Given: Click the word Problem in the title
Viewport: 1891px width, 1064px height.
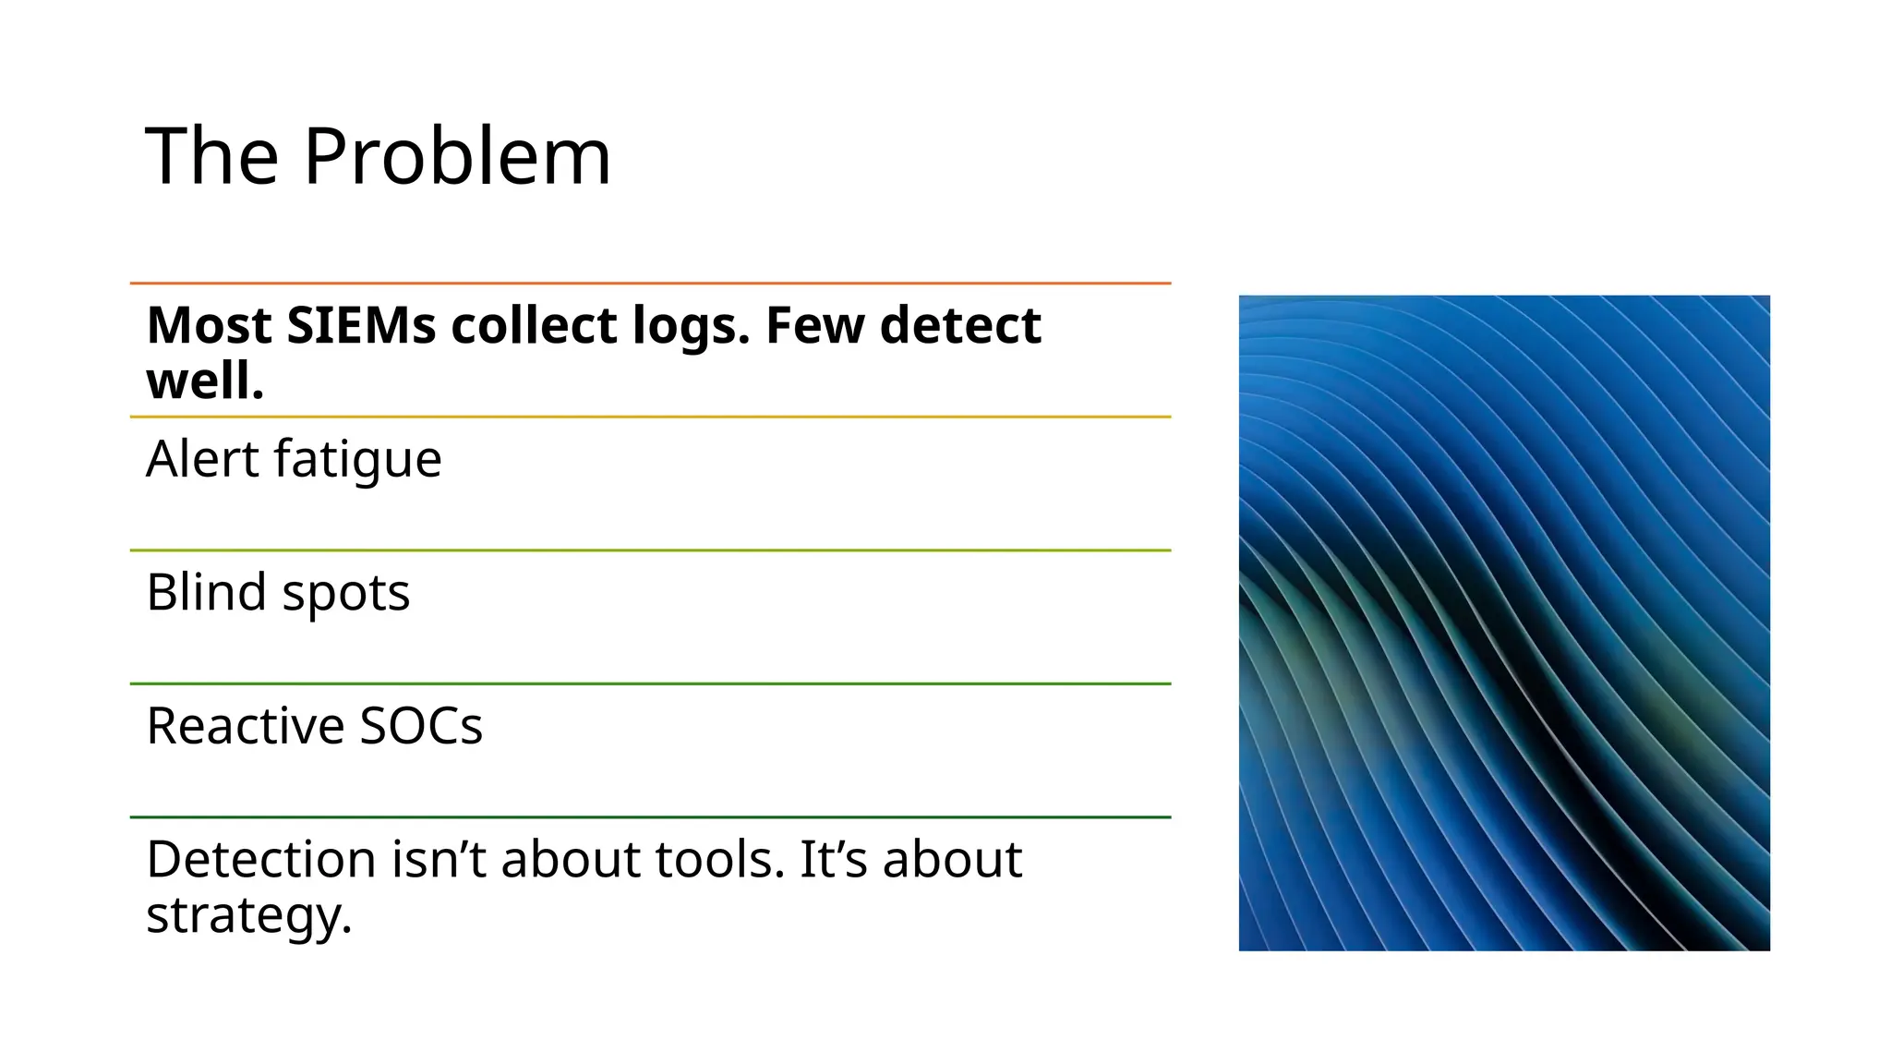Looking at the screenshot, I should [x=457, y=157].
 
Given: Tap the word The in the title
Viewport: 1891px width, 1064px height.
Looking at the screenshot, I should [x=212, y=157].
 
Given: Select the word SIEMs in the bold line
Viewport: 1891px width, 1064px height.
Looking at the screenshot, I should [x=360, y=326].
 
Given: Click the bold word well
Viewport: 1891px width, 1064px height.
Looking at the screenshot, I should [x=205, y=381].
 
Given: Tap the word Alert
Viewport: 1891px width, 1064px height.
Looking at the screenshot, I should [x=203, y=459].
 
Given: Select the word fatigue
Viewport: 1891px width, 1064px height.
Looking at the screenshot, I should [x=358, y=461].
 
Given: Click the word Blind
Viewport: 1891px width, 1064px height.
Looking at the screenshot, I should [x=206, y=592].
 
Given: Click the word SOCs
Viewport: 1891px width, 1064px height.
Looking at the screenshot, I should [x=421, y=726].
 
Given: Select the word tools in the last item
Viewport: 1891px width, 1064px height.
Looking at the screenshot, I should [x=720, y=860].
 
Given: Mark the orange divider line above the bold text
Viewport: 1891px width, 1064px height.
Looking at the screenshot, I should [x=650, y=284].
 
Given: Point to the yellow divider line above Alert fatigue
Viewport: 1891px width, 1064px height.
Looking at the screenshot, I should [x=650, y=417].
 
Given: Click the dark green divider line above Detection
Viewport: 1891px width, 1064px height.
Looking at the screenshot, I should [x=650, y=817].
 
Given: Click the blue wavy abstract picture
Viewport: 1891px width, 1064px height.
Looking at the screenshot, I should [x=1504, y=623].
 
